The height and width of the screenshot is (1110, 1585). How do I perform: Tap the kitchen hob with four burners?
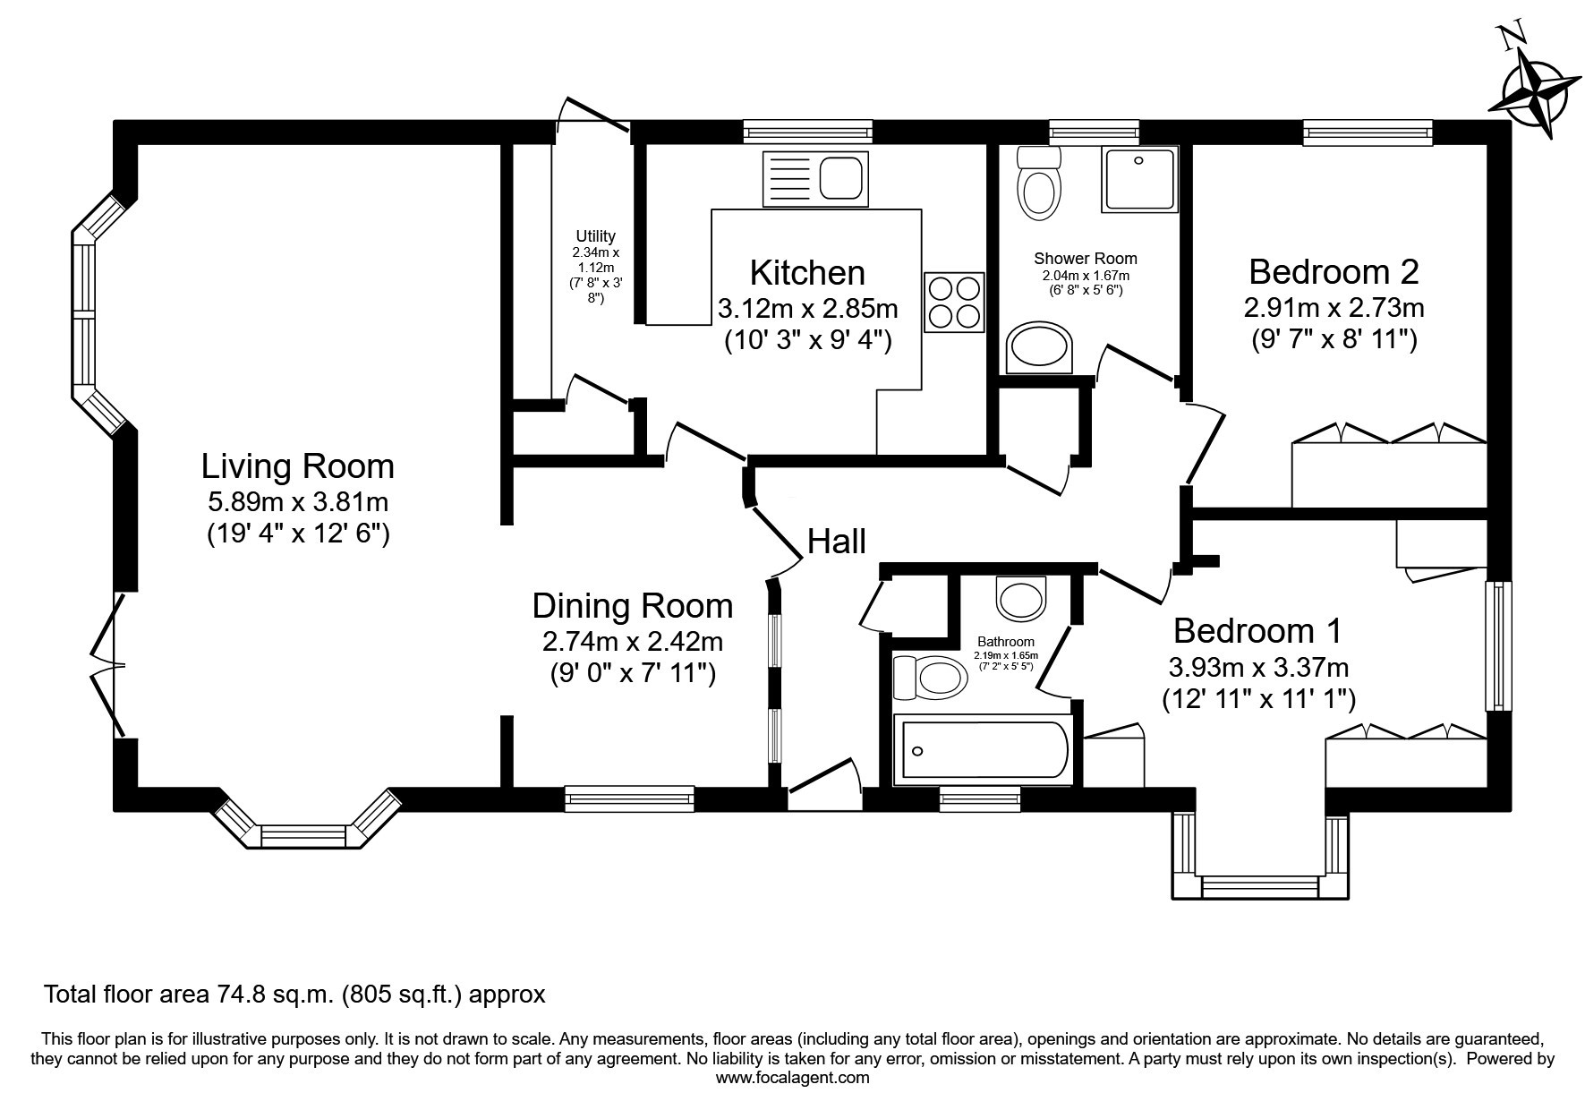click(954, 302)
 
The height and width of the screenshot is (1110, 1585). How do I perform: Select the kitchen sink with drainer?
click(815, 178)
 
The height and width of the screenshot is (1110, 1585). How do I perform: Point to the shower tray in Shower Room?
click(1139, 178)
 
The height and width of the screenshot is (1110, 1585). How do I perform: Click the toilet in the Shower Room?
click(1038, 184)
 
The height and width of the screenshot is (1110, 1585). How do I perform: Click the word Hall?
click(837, 542)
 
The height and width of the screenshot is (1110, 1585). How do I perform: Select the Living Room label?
click(298, 466)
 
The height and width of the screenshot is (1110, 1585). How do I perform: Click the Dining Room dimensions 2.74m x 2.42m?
click(633, 642)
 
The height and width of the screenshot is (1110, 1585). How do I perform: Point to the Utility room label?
click(595, 236)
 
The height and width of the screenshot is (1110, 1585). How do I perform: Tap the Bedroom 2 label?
click(1334, 270)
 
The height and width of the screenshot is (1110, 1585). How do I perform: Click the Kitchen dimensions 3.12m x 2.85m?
click(808, 309)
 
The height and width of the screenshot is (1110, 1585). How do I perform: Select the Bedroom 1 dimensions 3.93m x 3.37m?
click(1258, 667)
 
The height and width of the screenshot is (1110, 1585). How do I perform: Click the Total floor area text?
click(294, 995)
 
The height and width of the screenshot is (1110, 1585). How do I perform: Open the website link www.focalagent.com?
click(793, 1078)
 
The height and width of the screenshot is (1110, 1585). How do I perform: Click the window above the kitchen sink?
click(808, 132)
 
